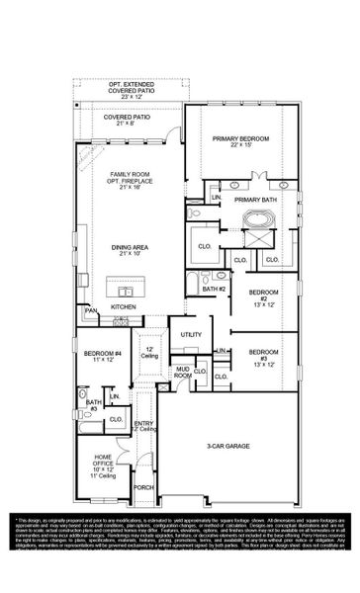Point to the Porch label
(144, 515)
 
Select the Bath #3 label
(93, 405)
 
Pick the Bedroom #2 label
(264, 296)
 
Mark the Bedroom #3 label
(264, 357)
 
